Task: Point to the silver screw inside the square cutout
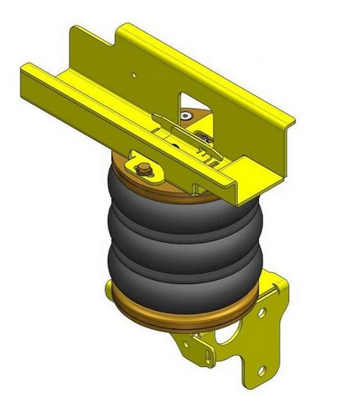(x=185, y=115)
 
